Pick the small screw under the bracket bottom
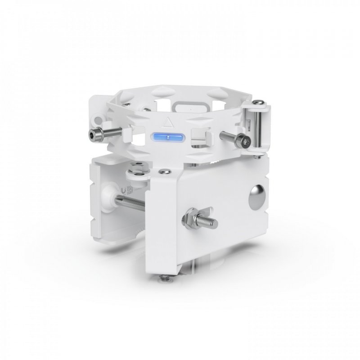click(167, 280)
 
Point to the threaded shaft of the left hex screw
click(113, 131)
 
